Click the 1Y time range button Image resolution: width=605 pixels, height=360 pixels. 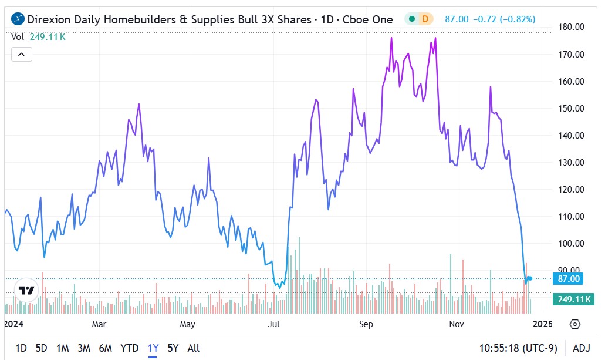pos(153,348)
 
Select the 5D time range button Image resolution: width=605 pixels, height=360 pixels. pos(41,348)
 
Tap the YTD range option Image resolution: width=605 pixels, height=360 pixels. pos(130,348)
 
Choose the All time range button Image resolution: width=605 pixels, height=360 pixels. pos(194,348)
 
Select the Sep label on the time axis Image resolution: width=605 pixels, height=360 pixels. pos(366,324)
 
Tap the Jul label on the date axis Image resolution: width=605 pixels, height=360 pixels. pos(274,324)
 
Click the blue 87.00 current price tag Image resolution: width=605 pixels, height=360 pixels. pos(569,279)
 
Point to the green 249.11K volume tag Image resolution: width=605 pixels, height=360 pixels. pos(573,300)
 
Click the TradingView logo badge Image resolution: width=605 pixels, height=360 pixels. pos(26,290)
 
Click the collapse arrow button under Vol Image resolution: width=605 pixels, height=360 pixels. pos(22,55)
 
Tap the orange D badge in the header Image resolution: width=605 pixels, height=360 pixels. pos(425,19)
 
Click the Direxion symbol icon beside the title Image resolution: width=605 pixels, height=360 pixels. pos(19,19)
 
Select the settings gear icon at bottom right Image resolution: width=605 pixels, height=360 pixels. pos(575,324)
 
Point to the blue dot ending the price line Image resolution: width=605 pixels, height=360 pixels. pos(530,278)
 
